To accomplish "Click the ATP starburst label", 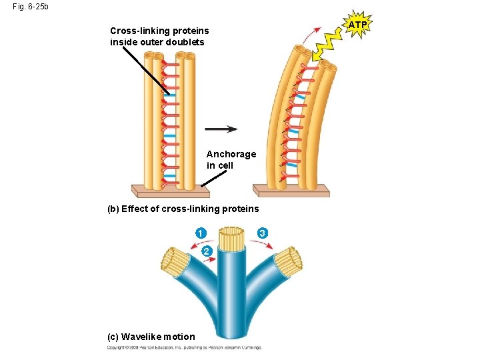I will coord(358,25).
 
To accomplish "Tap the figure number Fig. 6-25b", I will coord(30,7).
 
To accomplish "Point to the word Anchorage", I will coord(231,154).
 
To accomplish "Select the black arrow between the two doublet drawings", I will coord(221,129).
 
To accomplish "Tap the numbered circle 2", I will coord(207,251).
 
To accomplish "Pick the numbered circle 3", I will coord(263,233).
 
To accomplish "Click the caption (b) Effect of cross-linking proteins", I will coord(183,209).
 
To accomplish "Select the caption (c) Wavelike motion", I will coord(151,337).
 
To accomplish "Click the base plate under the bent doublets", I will coord(293,191).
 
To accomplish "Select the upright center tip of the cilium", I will coord(232,238).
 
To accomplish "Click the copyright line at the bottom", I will coord(185,347).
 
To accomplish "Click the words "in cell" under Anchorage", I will coord(220,165).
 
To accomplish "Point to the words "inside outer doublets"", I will coord(157,42).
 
